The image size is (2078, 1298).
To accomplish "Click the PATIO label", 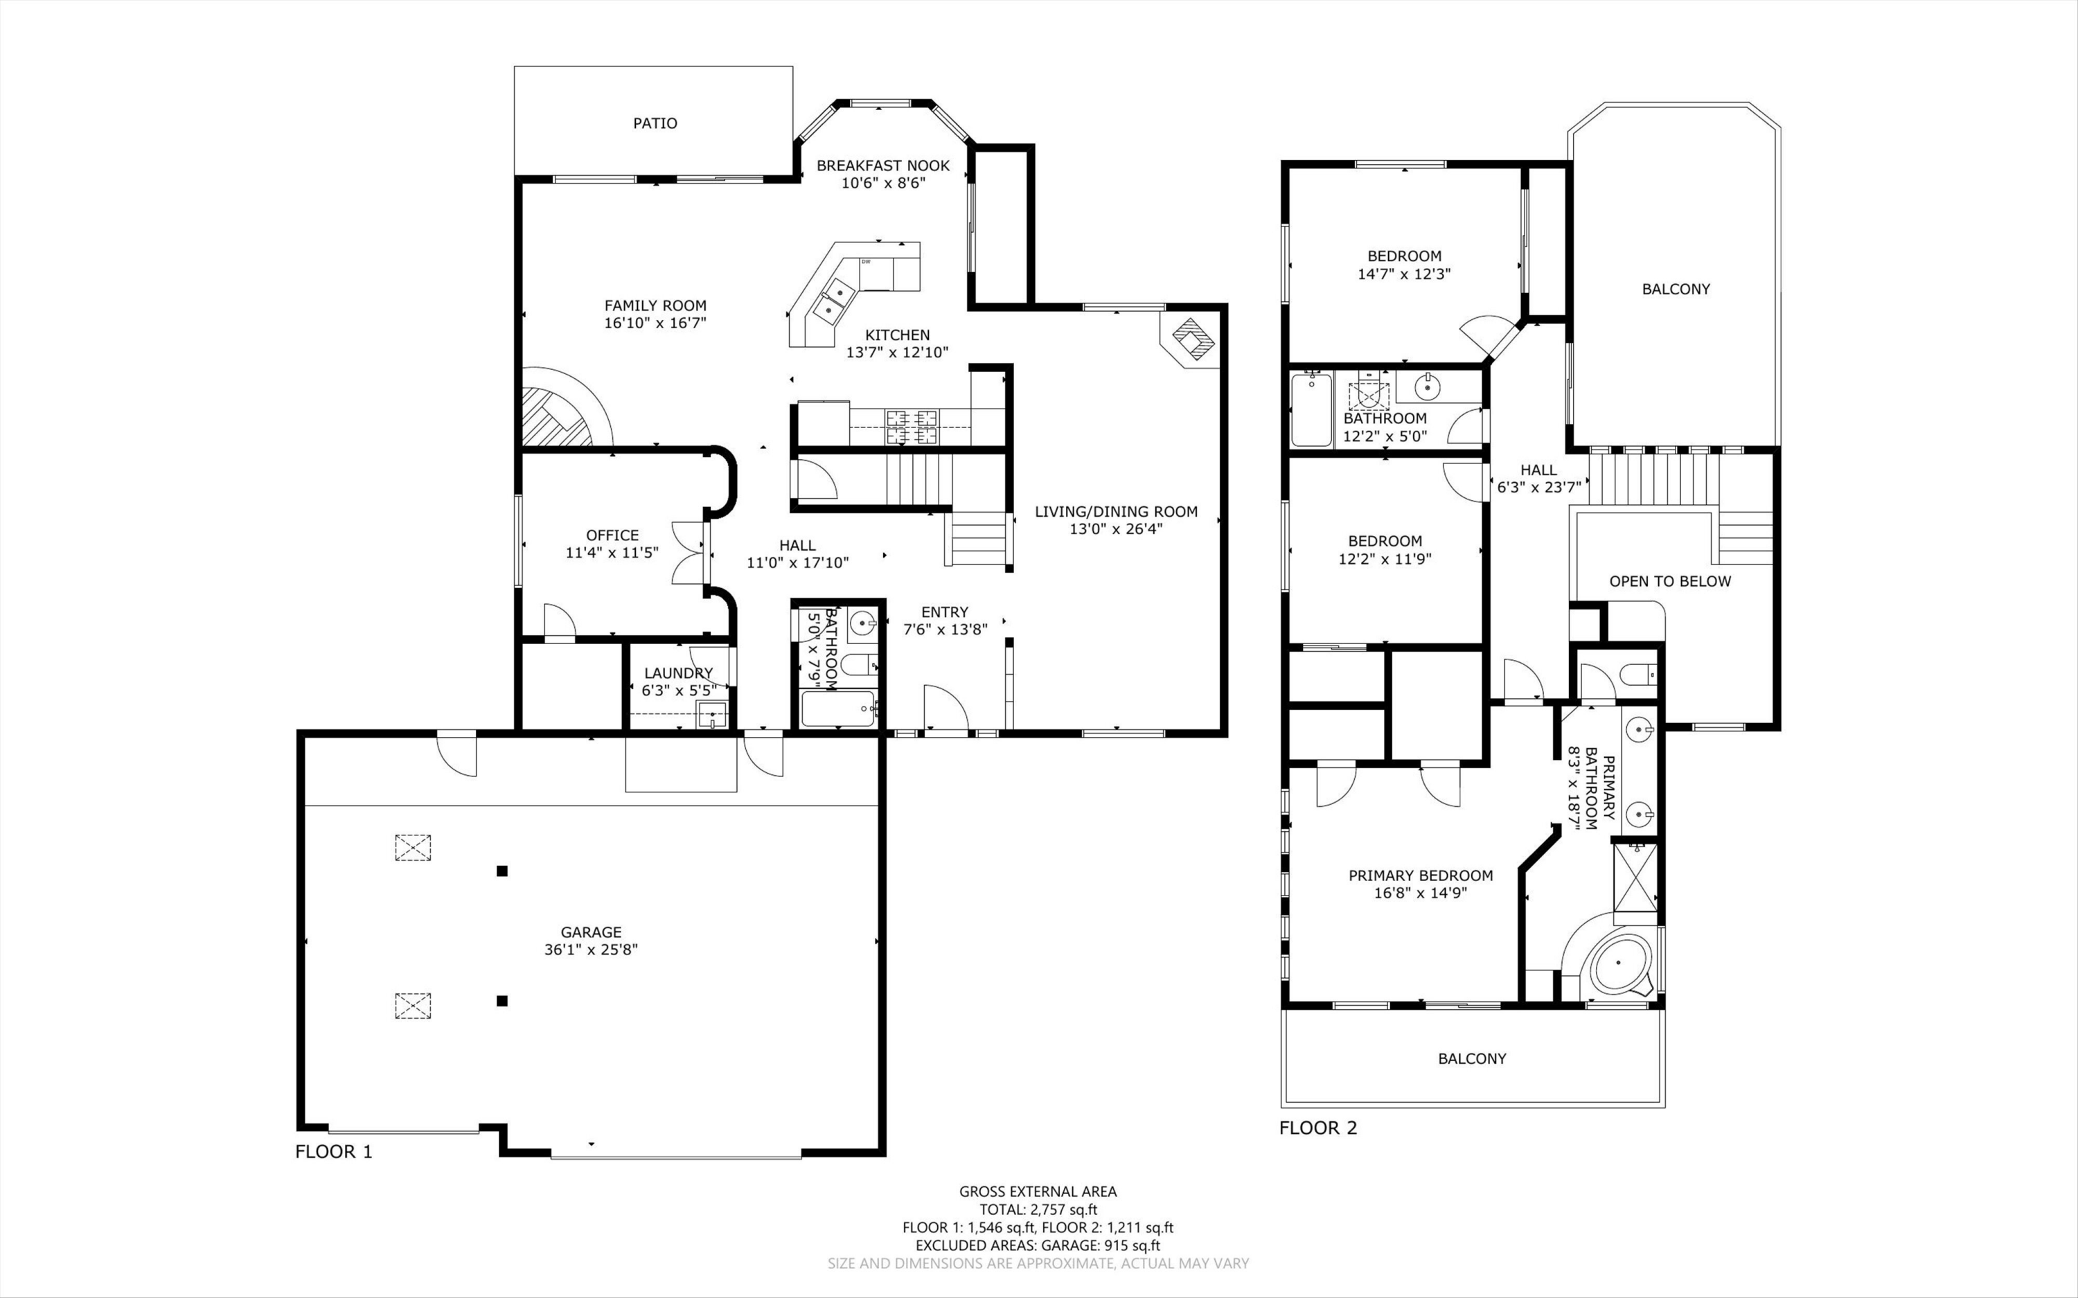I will [655, 123].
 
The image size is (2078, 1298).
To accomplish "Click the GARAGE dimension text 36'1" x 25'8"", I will [591, 950].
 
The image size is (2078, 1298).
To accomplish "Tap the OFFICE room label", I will [612, 535].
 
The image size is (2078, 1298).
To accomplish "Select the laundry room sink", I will [711, 714].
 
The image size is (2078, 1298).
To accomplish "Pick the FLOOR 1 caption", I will [334, 1152].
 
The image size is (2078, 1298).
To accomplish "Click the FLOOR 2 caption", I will [1317, 1128].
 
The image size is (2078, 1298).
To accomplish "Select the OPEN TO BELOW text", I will [1669, 581].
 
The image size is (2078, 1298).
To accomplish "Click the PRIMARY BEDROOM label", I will [1421, 875].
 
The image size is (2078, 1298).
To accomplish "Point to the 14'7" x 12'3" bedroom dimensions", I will [1404, 274].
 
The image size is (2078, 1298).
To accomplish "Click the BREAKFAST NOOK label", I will [882, 166].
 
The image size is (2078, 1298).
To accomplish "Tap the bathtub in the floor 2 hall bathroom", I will [1311, 409].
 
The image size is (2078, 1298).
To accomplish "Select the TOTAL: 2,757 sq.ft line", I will [1038, 1209].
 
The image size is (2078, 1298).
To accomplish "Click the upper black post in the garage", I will [502, 871].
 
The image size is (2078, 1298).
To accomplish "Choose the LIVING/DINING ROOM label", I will [1116, 512].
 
